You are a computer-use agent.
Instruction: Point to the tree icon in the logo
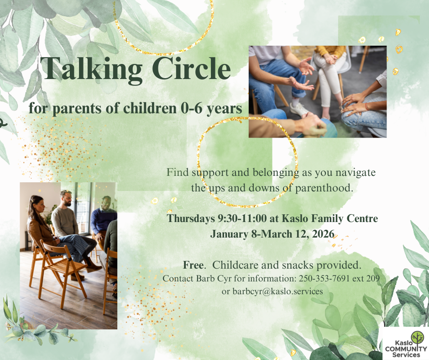point(417,338)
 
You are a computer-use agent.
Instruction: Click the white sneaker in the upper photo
point(299,109)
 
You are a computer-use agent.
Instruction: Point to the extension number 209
point(373,278)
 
